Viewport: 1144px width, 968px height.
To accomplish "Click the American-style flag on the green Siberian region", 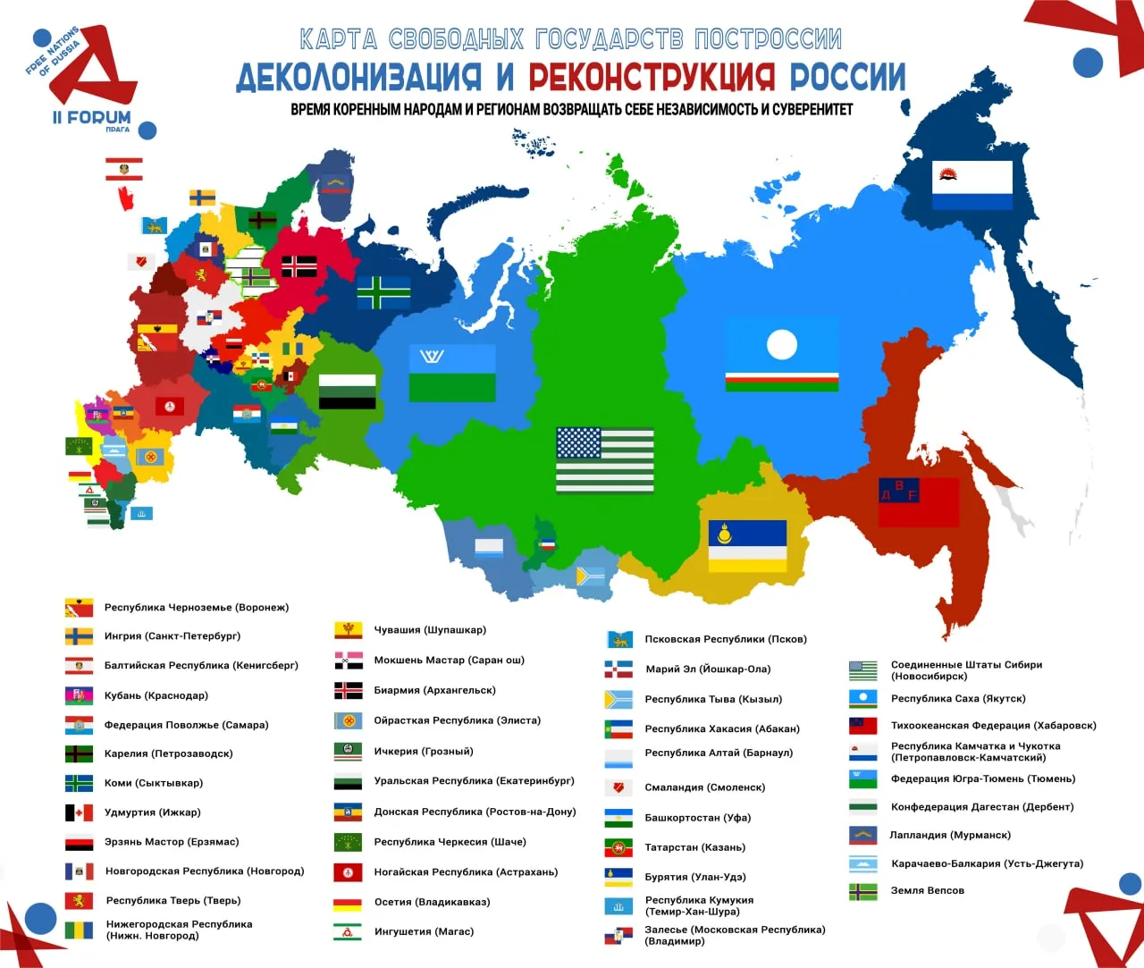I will click(604, 459).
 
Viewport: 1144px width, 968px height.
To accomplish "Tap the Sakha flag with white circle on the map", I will click(781, 355).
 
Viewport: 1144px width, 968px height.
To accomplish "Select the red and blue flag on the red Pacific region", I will click(918, 502).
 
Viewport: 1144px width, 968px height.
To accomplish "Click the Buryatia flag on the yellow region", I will click(747, 546).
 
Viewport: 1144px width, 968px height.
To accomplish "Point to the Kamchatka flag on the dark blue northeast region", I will click(972, 185).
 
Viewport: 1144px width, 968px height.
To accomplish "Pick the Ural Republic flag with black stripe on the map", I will click(347, 391).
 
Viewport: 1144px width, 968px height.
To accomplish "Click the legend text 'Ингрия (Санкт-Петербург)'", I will click(172, 636).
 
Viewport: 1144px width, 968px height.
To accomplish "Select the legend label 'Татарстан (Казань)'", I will click(694, 847).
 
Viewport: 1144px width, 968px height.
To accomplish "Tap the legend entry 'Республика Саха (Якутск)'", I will click(958, 699).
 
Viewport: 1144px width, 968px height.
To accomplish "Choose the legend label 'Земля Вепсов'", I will click(927, 890).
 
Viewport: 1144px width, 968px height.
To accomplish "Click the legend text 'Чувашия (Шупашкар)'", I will click(430, 630).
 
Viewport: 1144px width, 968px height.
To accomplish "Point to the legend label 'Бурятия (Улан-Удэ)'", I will click(695, 877).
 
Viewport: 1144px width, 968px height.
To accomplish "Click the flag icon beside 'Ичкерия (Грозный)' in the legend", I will click(348, 752).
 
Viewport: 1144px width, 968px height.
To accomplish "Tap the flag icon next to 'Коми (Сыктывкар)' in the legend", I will click(79, 784).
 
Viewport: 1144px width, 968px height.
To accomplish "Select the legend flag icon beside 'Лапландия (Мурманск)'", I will click(862, 836).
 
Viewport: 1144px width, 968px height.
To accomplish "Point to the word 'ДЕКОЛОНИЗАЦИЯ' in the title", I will click(358, 78).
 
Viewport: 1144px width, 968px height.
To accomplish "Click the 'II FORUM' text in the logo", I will click(91, 117).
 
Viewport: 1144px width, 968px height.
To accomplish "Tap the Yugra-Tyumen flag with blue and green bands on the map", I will click(451, 373).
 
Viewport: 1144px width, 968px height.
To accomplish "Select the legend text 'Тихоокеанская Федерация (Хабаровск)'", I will click(993, 726).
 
